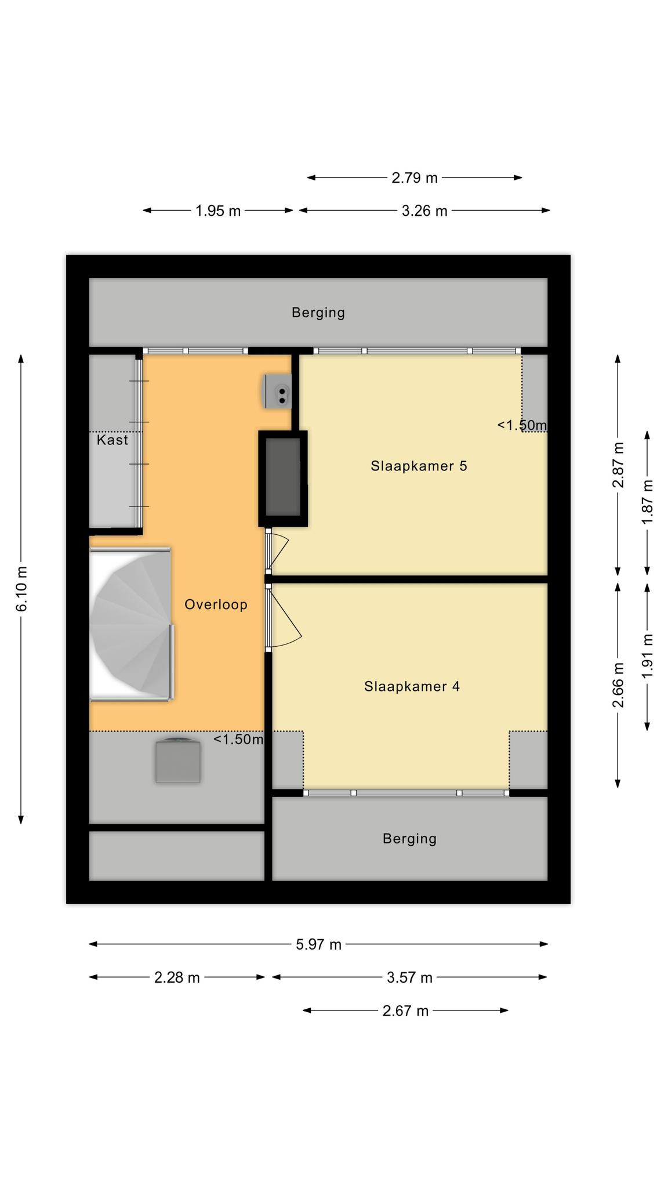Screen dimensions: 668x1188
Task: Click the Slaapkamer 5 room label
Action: pyautogui.click(x=419, y=466)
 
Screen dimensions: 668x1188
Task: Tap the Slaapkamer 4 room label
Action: pyautogui.click(x=412, y=687)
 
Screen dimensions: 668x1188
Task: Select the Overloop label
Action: pyautogui.click(x=216, y=605)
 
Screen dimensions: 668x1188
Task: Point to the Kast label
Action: pyautogui.click(x=112, y=440)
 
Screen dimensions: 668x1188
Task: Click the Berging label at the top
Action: pyautogui.click(x=318, y=313)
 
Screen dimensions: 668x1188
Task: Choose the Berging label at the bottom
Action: pyautogui.click(x=409, y=839)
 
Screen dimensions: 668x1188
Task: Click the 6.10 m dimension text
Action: pyautogui.click(x=21, y=589)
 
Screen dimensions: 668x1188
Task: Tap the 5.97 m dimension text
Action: pyautogui.click(x=318, y=944)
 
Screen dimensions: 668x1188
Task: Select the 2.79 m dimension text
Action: pyautogui.click(x=414, y=178)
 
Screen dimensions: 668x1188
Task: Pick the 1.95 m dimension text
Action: pyautogui.click(x=217, y=211)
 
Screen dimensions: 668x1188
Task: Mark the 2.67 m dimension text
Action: pyautogui.click(x=405, y=1011)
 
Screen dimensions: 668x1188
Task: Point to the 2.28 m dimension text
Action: pyautogui.click(x=177, y=978)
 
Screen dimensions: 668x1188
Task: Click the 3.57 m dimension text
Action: pyautogui.click(x=409, y=978)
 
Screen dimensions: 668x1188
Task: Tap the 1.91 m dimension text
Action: pyautogui.click(x=648, y=656)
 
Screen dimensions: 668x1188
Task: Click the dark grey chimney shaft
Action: pyautogui.click(x=283, y=479)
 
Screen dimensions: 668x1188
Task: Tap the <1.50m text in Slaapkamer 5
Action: pyautogui.click(x=521, y=425)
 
